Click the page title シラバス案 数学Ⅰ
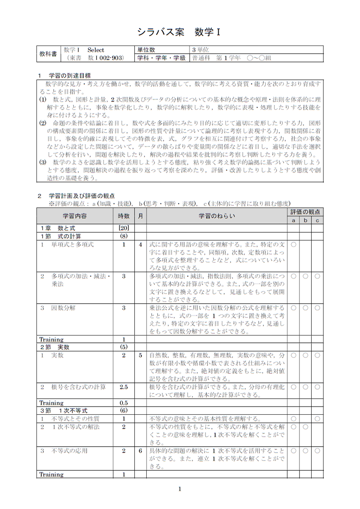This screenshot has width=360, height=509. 179,32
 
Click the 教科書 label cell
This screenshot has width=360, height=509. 47,54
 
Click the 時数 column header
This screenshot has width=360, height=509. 123,216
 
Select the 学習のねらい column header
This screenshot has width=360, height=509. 217,216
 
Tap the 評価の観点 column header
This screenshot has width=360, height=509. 305,212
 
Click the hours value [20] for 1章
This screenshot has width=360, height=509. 123,228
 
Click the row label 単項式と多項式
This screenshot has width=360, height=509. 72,244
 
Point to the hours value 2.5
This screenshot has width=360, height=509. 123,387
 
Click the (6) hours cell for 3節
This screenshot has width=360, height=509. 123,411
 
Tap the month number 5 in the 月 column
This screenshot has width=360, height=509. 141,355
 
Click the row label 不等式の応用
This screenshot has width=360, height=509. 69,451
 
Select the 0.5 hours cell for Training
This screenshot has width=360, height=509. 123,403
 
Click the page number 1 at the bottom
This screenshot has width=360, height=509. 180,489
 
